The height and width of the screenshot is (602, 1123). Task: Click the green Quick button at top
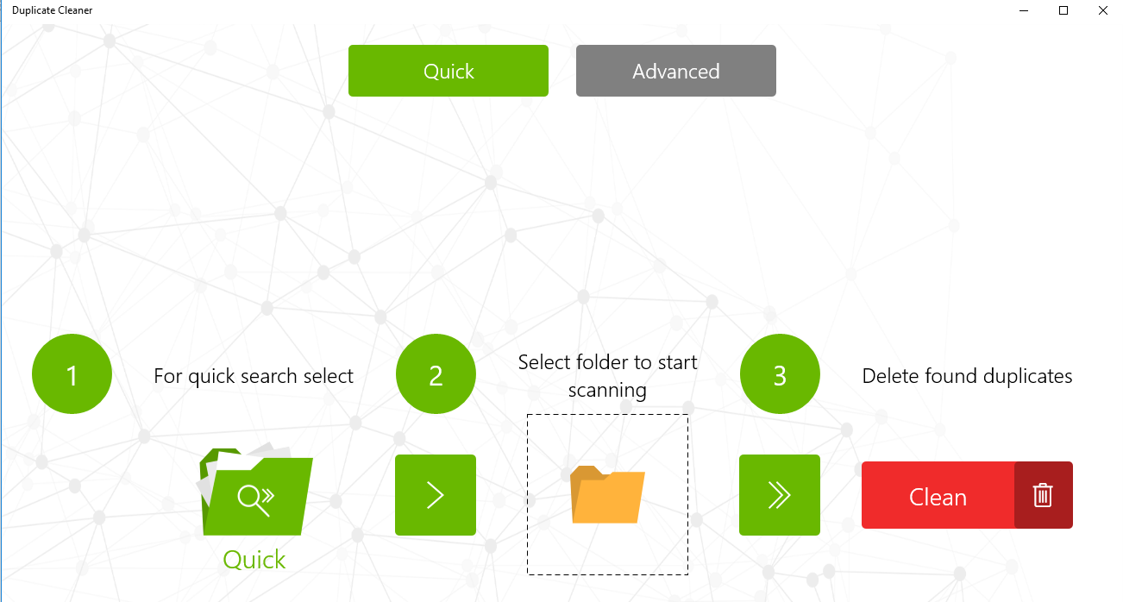(x=449, y=71)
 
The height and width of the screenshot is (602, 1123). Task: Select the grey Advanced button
(x=675, y=71)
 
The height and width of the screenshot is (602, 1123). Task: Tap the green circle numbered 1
(x=72, y=374)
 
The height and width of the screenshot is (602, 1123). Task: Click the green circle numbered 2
(x=436, y=374)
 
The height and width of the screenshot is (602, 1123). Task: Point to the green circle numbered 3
(x=780, y=374)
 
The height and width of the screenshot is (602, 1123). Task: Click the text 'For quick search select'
(x=254, y=376)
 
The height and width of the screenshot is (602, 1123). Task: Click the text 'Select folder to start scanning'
(x=607, y=376)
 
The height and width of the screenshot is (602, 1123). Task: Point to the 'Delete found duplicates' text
(x=967, y=376)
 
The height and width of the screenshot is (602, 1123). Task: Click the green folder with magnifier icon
(x=255, y=492)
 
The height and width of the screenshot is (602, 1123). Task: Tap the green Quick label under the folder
(x=254, y=560)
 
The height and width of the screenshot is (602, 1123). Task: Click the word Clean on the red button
(x=938, y=498)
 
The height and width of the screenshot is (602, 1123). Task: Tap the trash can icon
(x=1043, y=495)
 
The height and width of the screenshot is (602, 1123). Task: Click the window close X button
(x=1102, y=10)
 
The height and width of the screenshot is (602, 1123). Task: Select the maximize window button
(x=1063, y=10)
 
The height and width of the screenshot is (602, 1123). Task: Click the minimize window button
(x=1024, y=10)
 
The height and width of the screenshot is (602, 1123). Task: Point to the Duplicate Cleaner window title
(x=53, y=10)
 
